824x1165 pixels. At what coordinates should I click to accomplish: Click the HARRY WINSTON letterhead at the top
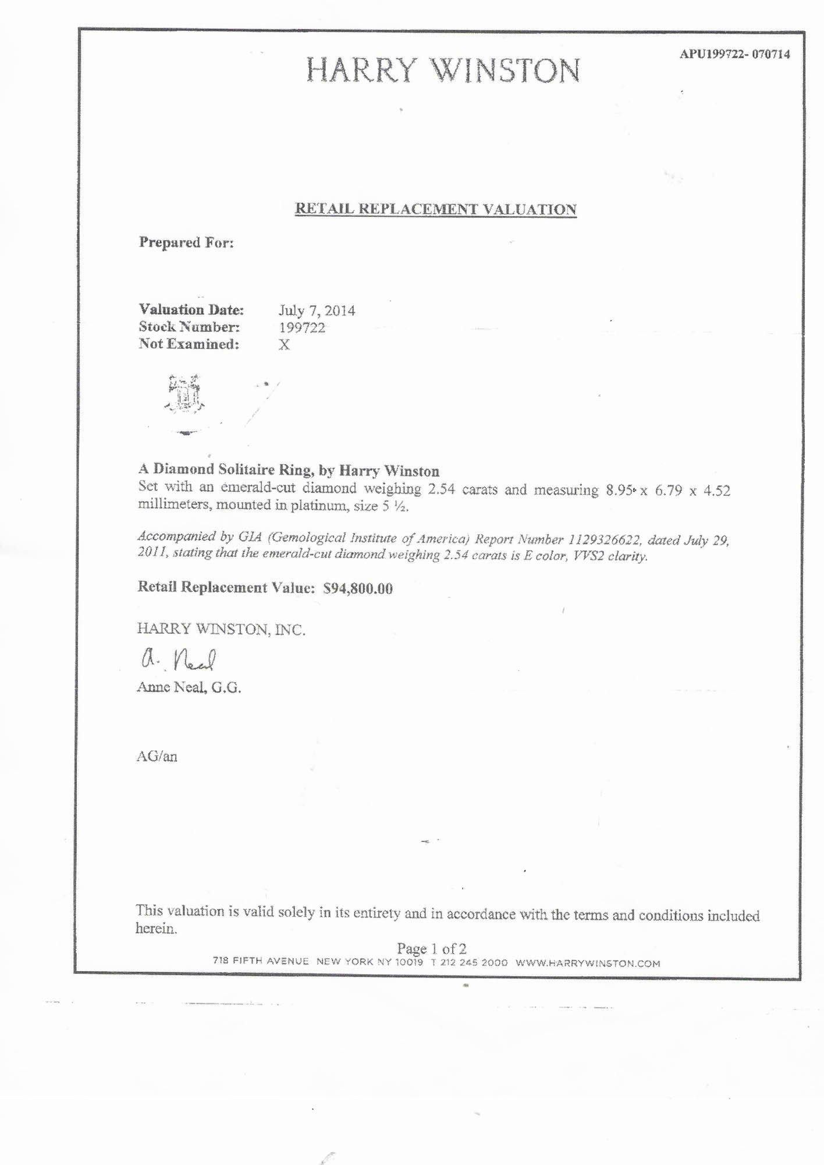pyautogui.click(x=443, y=71)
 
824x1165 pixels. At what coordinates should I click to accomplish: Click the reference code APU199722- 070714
pyautogui.click(x=734, y=55)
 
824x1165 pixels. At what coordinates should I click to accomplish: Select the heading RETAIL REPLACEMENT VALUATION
pyautogui.click(x=436, y=209)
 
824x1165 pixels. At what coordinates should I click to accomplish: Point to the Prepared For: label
pyautogui.click(x=186, y=242)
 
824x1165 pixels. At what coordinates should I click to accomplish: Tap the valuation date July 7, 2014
pyautogui.click(x=317, y=310)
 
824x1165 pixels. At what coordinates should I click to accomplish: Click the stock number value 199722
pyautogui.click(x=302, y=327)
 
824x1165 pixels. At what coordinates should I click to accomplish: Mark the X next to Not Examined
pyautogui.click(x=284, y=345)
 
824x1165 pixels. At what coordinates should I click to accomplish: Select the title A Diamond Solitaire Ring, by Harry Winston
pyautogui.click(x=289, y=470)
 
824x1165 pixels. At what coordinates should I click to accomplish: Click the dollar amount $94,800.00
pyautogui.click(x=358, y=588)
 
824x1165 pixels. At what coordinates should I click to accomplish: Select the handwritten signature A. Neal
pyautogui.click(x=179, y=660)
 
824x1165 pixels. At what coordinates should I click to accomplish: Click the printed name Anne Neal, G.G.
pyautogui.click(x=189, y=687)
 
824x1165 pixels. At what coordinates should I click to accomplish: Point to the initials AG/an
pyautogui.click(x=157, y=757)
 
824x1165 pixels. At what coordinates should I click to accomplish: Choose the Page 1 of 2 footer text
pyautogui.click(x=431, y=949)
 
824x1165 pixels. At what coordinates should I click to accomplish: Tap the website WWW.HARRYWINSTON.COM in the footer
pyautogui.click(x=588, y=963)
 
